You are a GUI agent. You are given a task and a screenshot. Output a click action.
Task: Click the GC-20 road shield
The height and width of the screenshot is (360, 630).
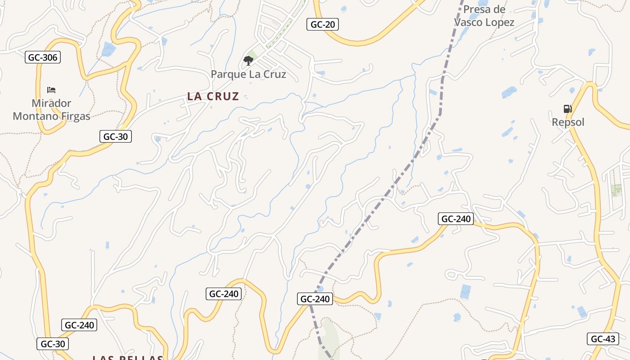pos(323,24)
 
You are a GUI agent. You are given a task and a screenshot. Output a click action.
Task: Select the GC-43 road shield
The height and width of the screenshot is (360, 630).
pos(603,339)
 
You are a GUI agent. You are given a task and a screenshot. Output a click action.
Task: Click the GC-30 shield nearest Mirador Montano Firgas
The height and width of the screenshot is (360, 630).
pos(115,136)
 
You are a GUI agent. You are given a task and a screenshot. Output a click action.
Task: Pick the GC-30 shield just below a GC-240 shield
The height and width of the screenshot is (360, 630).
pos(53,344)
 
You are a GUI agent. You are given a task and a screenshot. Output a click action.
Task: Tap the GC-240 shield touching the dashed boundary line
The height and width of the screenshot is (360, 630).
pos(315,299)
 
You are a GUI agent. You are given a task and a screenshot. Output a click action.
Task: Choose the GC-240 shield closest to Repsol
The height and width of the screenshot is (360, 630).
pos(456,219)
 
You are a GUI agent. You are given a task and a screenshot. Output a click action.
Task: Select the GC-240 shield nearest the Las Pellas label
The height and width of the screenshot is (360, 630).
pos(80,325)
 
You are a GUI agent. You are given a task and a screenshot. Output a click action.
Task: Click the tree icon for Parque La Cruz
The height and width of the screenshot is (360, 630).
pos(248,60)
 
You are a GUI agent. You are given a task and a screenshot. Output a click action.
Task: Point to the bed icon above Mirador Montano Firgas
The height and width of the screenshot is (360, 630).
pos(51,90)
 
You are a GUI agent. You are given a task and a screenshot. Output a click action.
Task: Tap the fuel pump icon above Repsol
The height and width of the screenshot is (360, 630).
pos(567,108)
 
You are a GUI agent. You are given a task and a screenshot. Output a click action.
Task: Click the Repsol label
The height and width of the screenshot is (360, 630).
pos(568,122)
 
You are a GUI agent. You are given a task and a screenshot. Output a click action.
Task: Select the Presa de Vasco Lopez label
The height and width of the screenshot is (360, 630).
pos(484,16)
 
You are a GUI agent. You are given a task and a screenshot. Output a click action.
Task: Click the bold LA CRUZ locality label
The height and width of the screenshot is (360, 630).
pos(213,96)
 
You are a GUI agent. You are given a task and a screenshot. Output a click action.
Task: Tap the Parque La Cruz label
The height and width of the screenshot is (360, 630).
pos(248,74)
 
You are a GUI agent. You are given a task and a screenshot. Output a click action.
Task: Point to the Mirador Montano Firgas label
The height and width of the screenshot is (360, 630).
pos(51,110)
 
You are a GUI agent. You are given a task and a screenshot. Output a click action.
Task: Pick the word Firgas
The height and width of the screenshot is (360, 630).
pos(74,116)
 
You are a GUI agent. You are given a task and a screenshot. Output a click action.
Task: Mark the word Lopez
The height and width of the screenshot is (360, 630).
pos(500,22)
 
